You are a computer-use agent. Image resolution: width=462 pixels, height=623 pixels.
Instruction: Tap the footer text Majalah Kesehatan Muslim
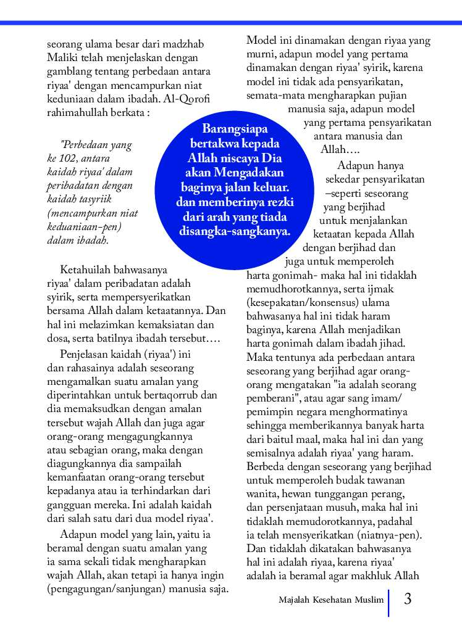pos(330,600)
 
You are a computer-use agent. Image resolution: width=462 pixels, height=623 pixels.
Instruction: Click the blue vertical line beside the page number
pos(388,603)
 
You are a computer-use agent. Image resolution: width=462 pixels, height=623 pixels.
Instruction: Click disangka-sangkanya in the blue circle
pos(234,232)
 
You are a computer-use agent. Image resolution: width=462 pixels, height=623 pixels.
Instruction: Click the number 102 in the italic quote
pos(77,159)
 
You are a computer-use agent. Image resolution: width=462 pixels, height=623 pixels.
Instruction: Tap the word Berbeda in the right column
pos(264,466)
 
